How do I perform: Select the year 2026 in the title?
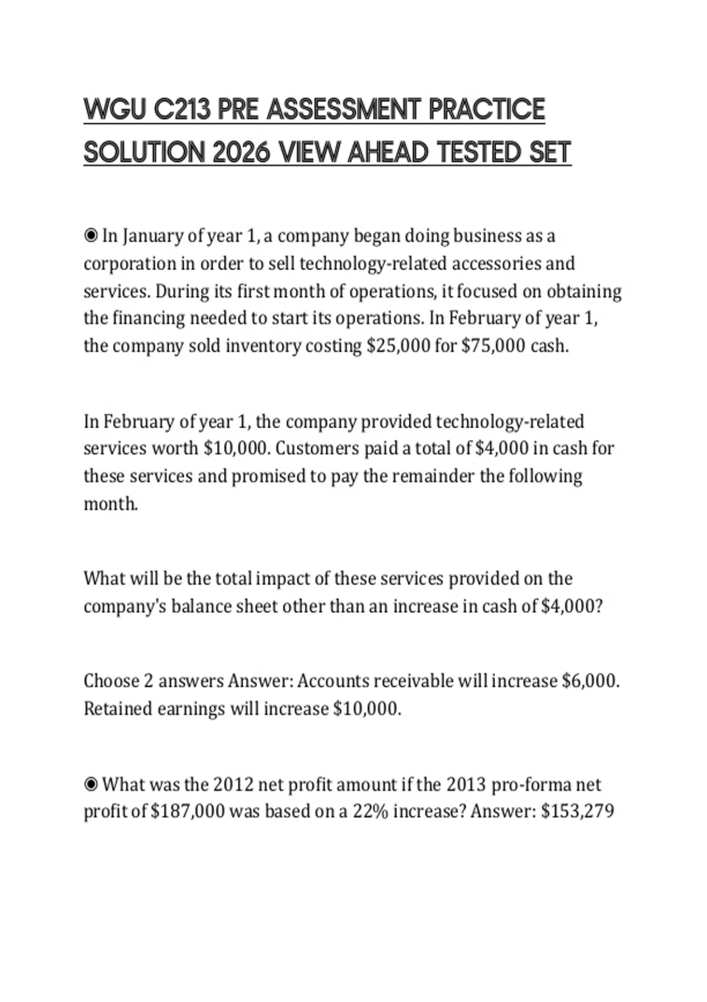242,152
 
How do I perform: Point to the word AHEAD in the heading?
388,152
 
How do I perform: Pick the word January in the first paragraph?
153,236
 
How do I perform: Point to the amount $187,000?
188,812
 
